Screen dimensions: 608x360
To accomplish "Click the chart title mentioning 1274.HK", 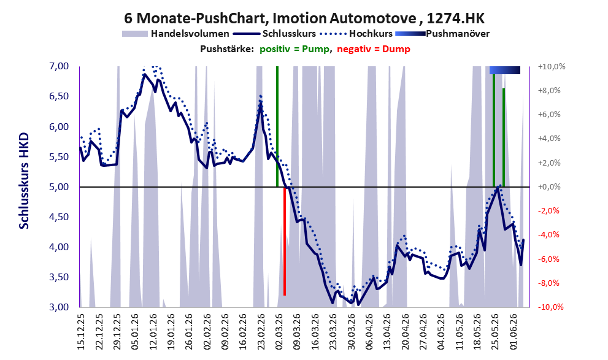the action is pos(304,18).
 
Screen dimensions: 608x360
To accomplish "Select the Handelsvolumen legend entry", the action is pos(175,34).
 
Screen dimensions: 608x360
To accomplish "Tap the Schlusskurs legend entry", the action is pos(277,34).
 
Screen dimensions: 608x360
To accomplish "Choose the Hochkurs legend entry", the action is pos(356,34).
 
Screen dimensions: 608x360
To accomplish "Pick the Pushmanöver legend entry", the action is pos(442,34).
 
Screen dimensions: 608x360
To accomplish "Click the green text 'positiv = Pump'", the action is pos(295,49).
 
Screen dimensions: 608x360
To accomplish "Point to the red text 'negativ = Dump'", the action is pos(374,49).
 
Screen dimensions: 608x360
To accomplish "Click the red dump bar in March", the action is pos(285,241).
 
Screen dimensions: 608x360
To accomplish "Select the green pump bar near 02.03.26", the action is pos(277,126).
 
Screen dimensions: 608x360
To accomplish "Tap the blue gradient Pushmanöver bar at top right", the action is pos(504,70).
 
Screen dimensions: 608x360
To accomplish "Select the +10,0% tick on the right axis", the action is pos(552,67).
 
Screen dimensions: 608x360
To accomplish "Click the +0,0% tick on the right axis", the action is pos(549,187).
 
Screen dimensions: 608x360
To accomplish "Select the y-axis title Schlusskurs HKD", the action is pos(24,181).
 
